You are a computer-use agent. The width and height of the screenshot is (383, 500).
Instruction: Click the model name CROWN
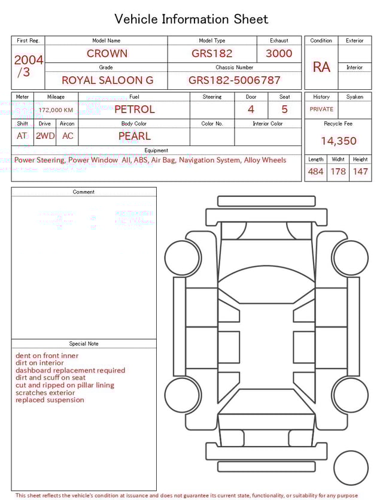pos(107,53)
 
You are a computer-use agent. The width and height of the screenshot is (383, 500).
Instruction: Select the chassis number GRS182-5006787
pos(234,80)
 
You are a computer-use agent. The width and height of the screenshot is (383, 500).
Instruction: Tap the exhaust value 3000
pos(279,53)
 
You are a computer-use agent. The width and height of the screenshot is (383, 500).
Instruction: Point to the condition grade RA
pos(321,67)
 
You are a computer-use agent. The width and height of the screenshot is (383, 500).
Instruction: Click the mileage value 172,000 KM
pos(56,110)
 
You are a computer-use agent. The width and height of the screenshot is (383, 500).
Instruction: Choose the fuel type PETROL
pos(134,109)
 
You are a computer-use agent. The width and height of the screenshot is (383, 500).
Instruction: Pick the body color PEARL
pos(134,136)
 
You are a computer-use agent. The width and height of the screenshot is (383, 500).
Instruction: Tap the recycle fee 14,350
pos(338,141)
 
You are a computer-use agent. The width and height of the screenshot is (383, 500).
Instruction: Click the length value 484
pos(315,172)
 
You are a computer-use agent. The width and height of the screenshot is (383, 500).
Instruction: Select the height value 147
pos(360,172)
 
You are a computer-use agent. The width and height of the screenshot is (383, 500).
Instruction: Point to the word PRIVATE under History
pos(321,110)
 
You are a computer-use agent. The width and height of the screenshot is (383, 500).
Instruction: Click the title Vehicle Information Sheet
pos(191,19)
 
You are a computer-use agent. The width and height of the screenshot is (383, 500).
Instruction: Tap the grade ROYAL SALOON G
pos(107,80)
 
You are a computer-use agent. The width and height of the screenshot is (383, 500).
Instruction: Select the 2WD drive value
pos(45,136)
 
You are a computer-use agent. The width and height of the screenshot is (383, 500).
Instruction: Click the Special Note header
pos(84,344)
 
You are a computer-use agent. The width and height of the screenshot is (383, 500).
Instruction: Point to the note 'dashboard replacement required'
pos(70,371)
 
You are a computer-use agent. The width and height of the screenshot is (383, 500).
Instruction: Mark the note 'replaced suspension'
pos(50,400)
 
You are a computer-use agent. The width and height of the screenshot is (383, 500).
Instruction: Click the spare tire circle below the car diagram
pos(351,468)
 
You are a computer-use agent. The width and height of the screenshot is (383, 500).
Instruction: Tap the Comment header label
pos(84,192)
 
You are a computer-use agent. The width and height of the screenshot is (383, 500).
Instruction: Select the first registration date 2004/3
pos(28,66)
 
